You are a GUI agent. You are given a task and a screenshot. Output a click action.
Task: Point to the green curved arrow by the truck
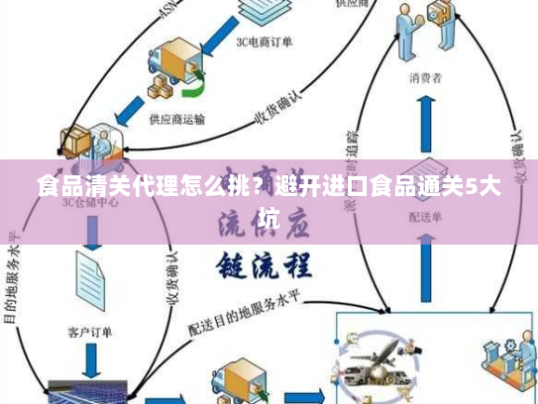(x=194, y=90)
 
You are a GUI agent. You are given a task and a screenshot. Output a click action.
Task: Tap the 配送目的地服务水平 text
(x=253, y=309)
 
